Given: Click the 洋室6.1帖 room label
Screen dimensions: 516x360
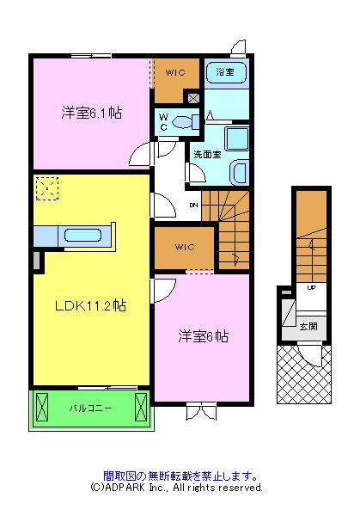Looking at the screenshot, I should pyautogui.click(x=89, y=113).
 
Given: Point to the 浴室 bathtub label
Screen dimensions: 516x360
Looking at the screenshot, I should pyautogui.click(x=226, y=71).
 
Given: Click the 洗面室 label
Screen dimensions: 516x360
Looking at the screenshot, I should pyautogui.click(x=207, y=155).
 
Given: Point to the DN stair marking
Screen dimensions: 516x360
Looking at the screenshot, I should pyautogui.click(x=193, y=206).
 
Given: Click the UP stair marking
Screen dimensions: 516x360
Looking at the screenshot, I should pyautogui.click(x=311, y=287).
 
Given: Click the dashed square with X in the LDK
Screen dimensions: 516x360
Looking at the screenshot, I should pyautogui.click(x=46, y=187).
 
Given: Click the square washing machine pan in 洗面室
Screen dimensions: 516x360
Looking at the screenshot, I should pyautogui.click(x=234, y=139).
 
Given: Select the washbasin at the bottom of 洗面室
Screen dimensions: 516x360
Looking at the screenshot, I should pyautogui.click(x=239, y=171).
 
